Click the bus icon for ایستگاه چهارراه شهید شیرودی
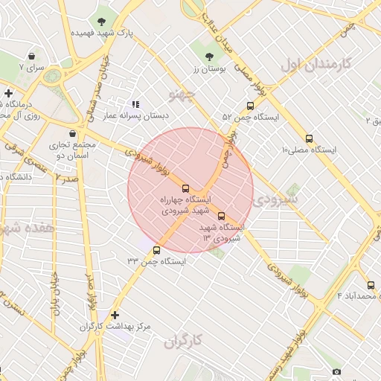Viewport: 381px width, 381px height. click(x=186, y=188)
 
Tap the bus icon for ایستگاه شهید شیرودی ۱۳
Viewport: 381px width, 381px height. click(x=221, y=216)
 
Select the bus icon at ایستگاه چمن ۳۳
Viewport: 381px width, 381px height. click(x=156, y=250)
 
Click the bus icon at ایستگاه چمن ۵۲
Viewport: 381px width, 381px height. click(x=249, y=106)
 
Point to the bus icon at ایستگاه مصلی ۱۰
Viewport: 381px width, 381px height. click(x=310, y=138)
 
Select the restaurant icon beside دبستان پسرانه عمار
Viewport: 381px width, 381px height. click(x=135, y=105)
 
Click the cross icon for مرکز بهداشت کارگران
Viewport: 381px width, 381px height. click(x=115, y=315)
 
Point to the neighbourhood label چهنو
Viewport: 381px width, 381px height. click(x=182, y=96)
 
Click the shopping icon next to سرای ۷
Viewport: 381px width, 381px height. click(x=32, y=56)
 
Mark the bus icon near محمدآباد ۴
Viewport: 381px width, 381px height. click(x=371, y=285)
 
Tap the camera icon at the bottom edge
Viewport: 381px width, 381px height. click(x=336, y=371)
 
